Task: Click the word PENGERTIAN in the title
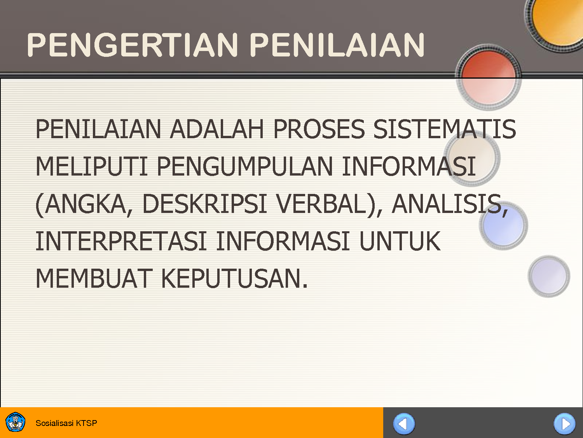pos(132,45)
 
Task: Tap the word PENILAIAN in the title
pos(337,45)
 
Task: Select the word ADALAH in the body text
pos(217,129)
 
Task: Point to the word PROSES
pos(319,129)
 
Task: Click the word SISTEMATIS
pos(445,129)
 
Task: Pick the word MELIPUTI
pos(91,167)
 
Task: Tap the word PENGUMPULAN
pos(245,167)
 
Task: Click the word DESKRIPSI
pos(204,204)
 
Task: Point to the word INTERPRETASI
pos(121,241)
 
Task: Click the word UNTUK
pos(400,241)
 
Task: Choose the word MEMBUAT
pos(93,279)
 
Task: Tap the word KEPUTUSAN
pos(234,279)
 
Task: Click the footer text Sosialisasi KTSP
pos(66,423)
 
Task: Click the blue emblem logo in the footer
pos(16,423)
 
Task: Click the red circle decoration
pos(488,76)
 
